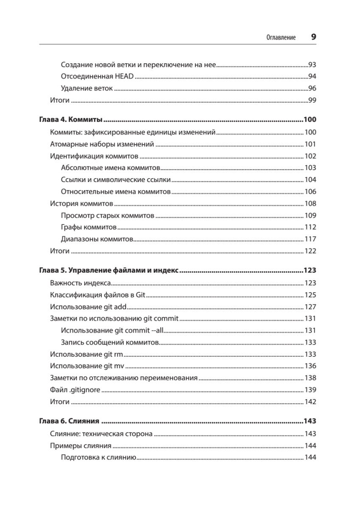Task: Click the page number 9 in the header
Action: click(x=313, y=37)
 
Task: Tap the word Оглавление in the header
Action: click(x=281, y=37)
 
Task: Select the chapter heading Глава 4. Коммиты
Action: click(x=72, y=119)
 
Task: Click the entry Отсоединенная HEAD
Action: click(x=97, y=77)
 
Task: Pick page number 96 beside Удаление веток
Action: click(x=312, y=89)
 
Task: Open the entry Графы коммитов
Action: click(x=89, y=227)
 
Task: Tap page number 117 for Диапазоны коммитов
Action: click(x=310, y=239)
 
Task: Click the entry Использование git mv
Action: click(x=87, y=366)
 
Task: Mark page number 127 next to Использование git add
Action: click(x=310, y=307)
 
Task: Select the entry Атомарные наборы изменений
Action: click(x=101, y=144)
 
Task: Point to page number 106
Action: click(x=310, y=191)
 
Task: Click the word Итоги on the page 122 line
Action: click(x=59, y=251)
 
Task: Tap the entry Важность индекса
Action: click(x=81, y=283)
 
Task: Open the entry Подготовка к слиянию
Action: click(x=98, y=458)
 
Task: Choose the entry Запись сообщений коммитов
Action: click(x=110, y=342)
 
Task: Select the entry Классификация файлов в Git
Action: click(x=98, y=295)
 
